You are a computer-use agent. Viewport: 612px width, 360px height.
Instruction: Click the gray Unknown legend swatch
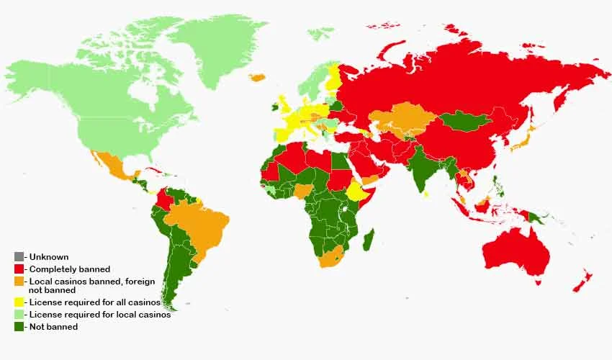point(19,257)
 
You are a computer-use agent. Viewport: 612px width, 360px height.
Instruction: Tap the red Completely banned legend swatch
point(19,269)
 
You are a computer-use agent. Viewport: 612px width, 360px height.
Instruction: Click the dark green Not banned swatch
point(19,327)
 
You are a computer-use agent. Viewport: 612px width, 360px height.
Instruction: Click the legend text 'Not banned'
point(53,327)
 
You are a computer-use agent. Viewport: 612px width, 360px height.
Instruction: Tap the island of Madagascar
point(368,240)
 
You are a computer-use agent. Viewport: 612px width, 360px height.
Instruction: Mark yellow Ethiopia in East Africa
point(357,192)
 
